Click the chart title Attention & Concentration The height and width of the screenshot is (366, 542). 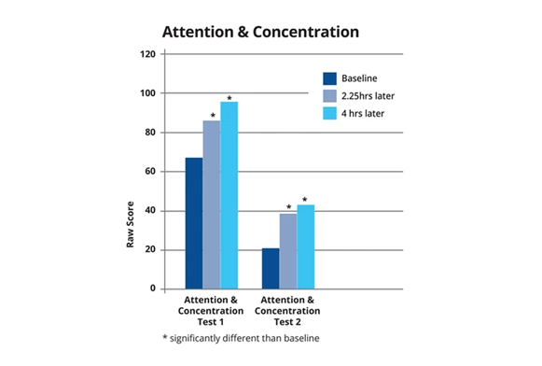(260, 32)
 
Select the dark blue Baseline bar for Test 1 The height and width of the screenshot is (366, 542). (194, 223)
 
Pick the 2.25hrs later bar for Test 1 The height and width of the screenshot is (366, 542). (212, 204)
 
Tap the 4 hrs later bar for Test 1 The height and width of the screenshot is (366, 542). (229, 195)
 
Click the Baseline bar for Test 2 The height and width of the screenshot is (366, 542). (271, 269)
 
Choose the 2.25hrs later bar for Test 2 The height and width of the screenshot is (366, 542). (288, 251)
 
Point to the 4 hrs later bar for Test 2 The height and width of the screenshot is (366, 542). (306, 246)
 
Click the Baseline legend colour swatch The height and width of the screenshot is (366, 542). (329, 78)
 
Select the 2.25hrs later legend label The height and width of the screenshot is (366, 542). (368, 96)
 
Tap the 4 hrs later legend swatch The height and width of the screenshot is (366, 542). (329, 114)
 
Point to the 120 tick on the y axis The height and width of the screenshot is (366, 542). (147, 54)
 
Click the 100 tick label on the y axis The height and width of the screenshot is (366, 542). (147, 93)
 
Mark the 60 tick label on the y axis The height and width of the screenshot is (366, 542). (150, 172)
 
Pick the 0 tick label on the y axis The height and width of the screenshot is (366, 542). (153, 289)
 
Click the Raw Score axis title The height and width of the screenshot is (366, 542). (130, 224)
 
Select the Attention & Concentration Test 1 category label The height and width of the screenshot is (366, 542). (211, 311)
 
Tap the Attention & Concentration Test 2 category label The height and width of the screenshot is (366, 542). (287, 311)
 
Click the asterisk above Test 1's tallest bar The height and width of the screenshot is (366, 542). (229, 98)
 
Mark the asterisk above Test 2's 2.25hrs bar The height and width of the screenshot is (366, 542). (289, 207)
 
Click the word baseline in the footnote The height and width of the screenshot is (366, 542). (301, 338)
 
